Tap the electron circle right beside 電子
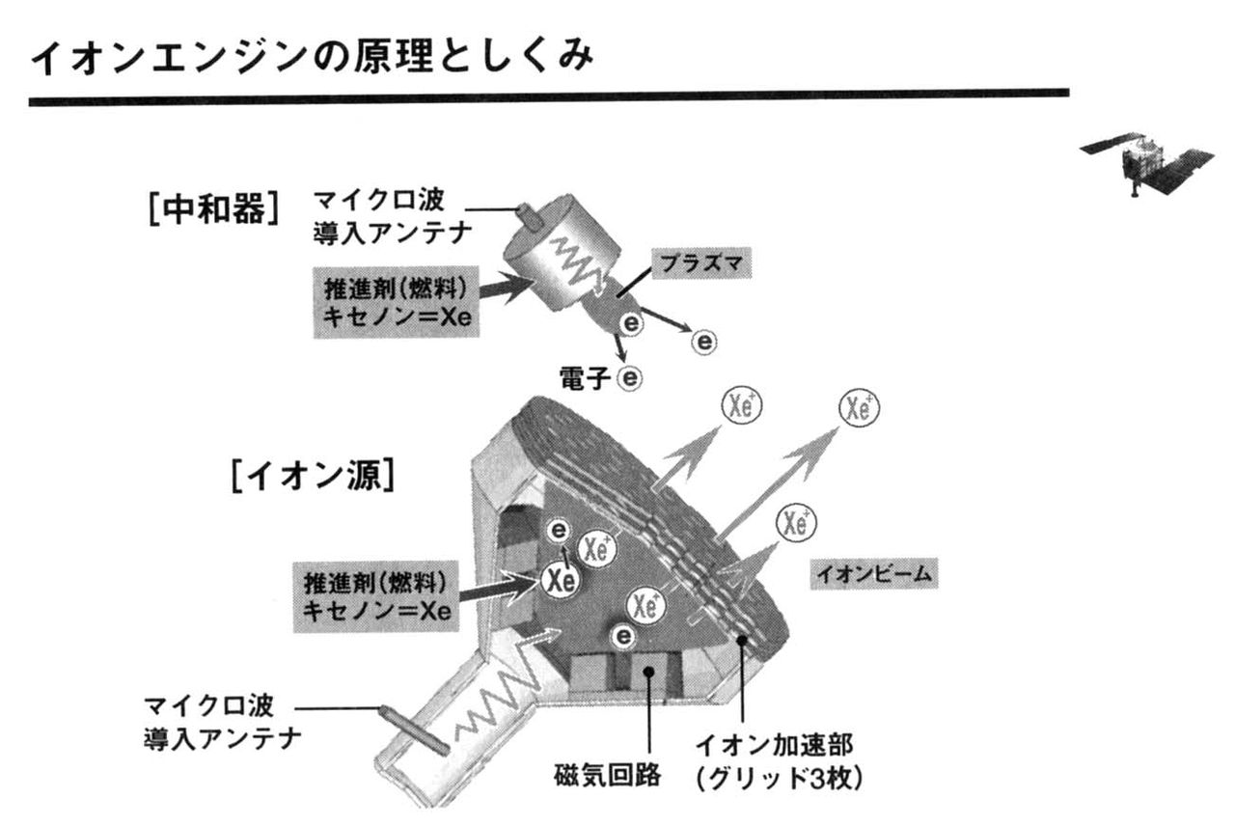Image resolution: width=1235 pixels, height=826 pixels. pyautogui.click(x=631, y=377)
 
